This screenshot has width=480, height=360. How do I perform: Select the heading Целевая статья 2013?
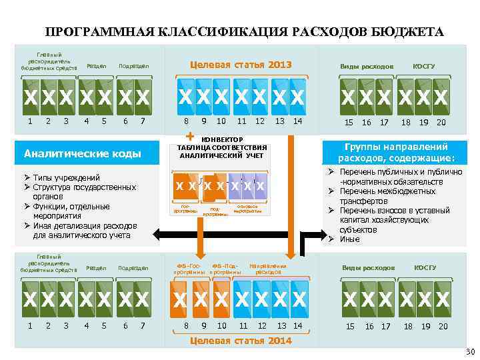click(241, 65)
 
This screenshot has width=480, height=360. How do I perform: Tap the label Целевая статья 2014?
click(241, 341)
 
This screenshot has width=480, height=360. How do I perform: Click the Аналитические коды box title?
click(83, 154)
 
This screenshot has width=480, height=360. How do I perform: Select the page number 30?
click(469, 352)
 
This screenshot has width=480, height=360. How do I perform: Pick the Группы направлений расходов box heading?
click(396, 153)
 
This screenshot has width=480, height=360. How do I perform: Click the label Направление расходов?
click(268, 269)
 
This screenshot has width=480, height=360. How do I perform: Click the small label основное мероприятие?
click(247, 209)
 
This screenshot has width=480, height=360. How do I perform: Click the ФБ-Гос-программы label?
click(188, 269)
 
